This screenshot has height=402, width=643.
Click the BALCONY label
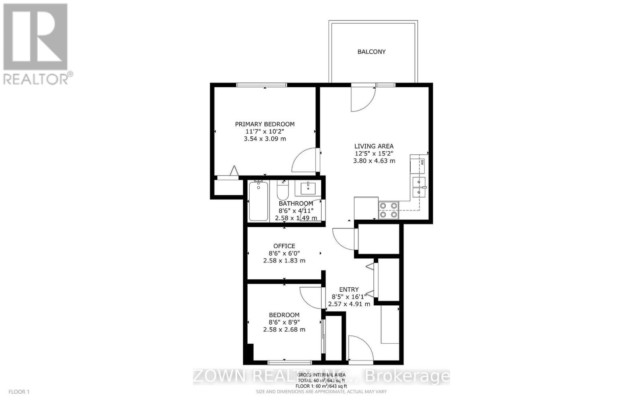371,52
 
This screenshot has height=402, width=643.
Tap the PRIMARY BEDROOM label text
264,124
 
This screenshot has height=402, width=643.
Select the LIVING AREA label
374,146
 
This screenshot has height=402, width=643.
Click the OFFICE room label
284,246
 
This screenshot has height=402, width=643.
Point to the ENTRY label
349,289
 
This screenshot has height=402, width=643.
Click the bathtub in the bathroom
258,201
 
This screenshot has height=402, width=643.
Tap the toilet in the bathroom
283,191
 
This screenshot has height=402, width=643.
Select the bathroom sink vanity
308,188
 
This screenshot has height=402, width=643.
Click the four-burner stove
388,210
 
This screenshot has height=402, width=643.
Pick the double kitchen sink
419,188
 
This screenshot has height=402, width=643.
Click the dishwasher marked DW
418,165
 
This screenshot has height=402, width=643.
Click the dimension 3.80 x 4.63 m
374,161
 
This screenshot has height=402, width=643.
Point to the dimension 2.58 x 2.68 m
284,330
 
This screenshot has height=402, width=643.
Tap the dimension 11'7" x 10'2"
264,132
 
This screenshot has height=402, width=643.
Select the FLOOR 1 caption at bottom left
19,392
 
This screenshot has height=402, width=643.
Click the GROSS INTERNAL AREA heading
321,375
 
